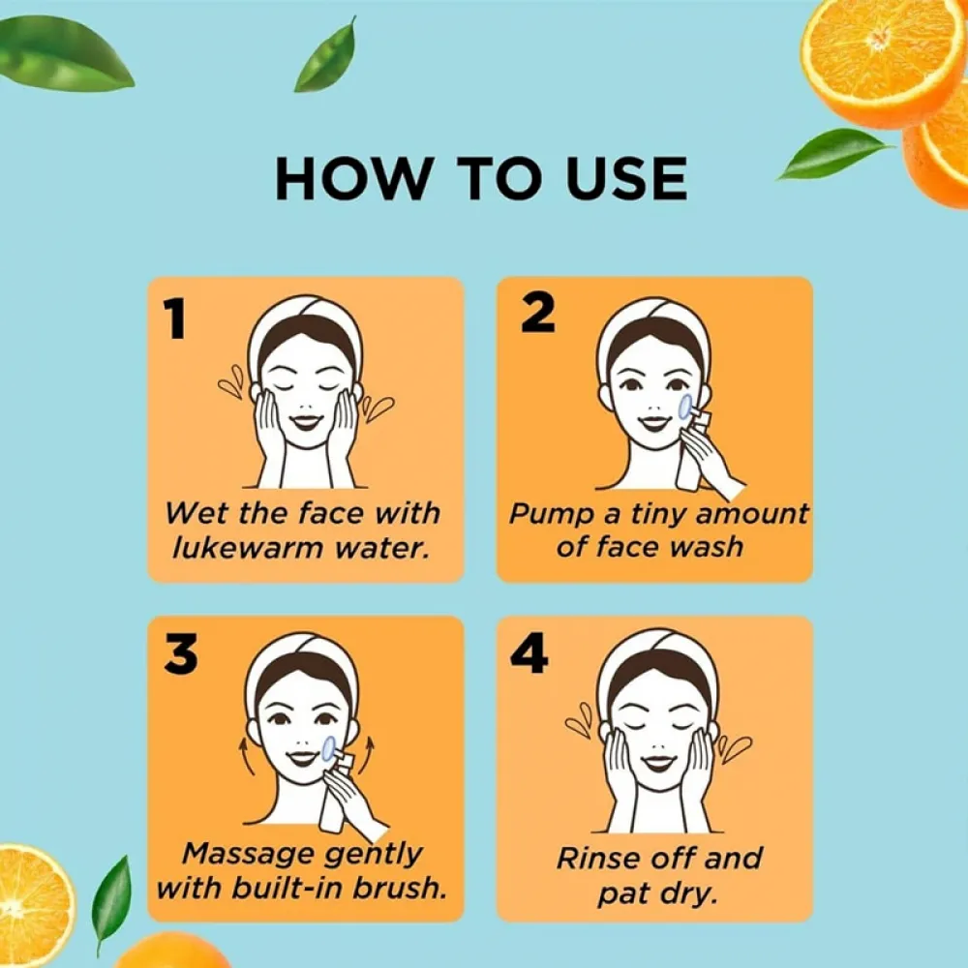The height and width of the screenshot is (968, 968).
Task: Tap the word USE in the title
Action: [x=617, y=178]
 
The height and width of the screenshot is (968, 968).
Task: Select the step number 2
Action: [x=537, y=313]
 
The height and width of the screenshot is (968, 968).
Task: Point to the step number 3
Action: [x=181, y=655]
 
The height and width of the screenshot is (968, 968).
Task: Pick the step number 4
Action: [x=529, y=655]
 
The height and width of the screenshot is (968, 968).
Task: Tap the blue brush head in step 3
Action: [x=329, y=746]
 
